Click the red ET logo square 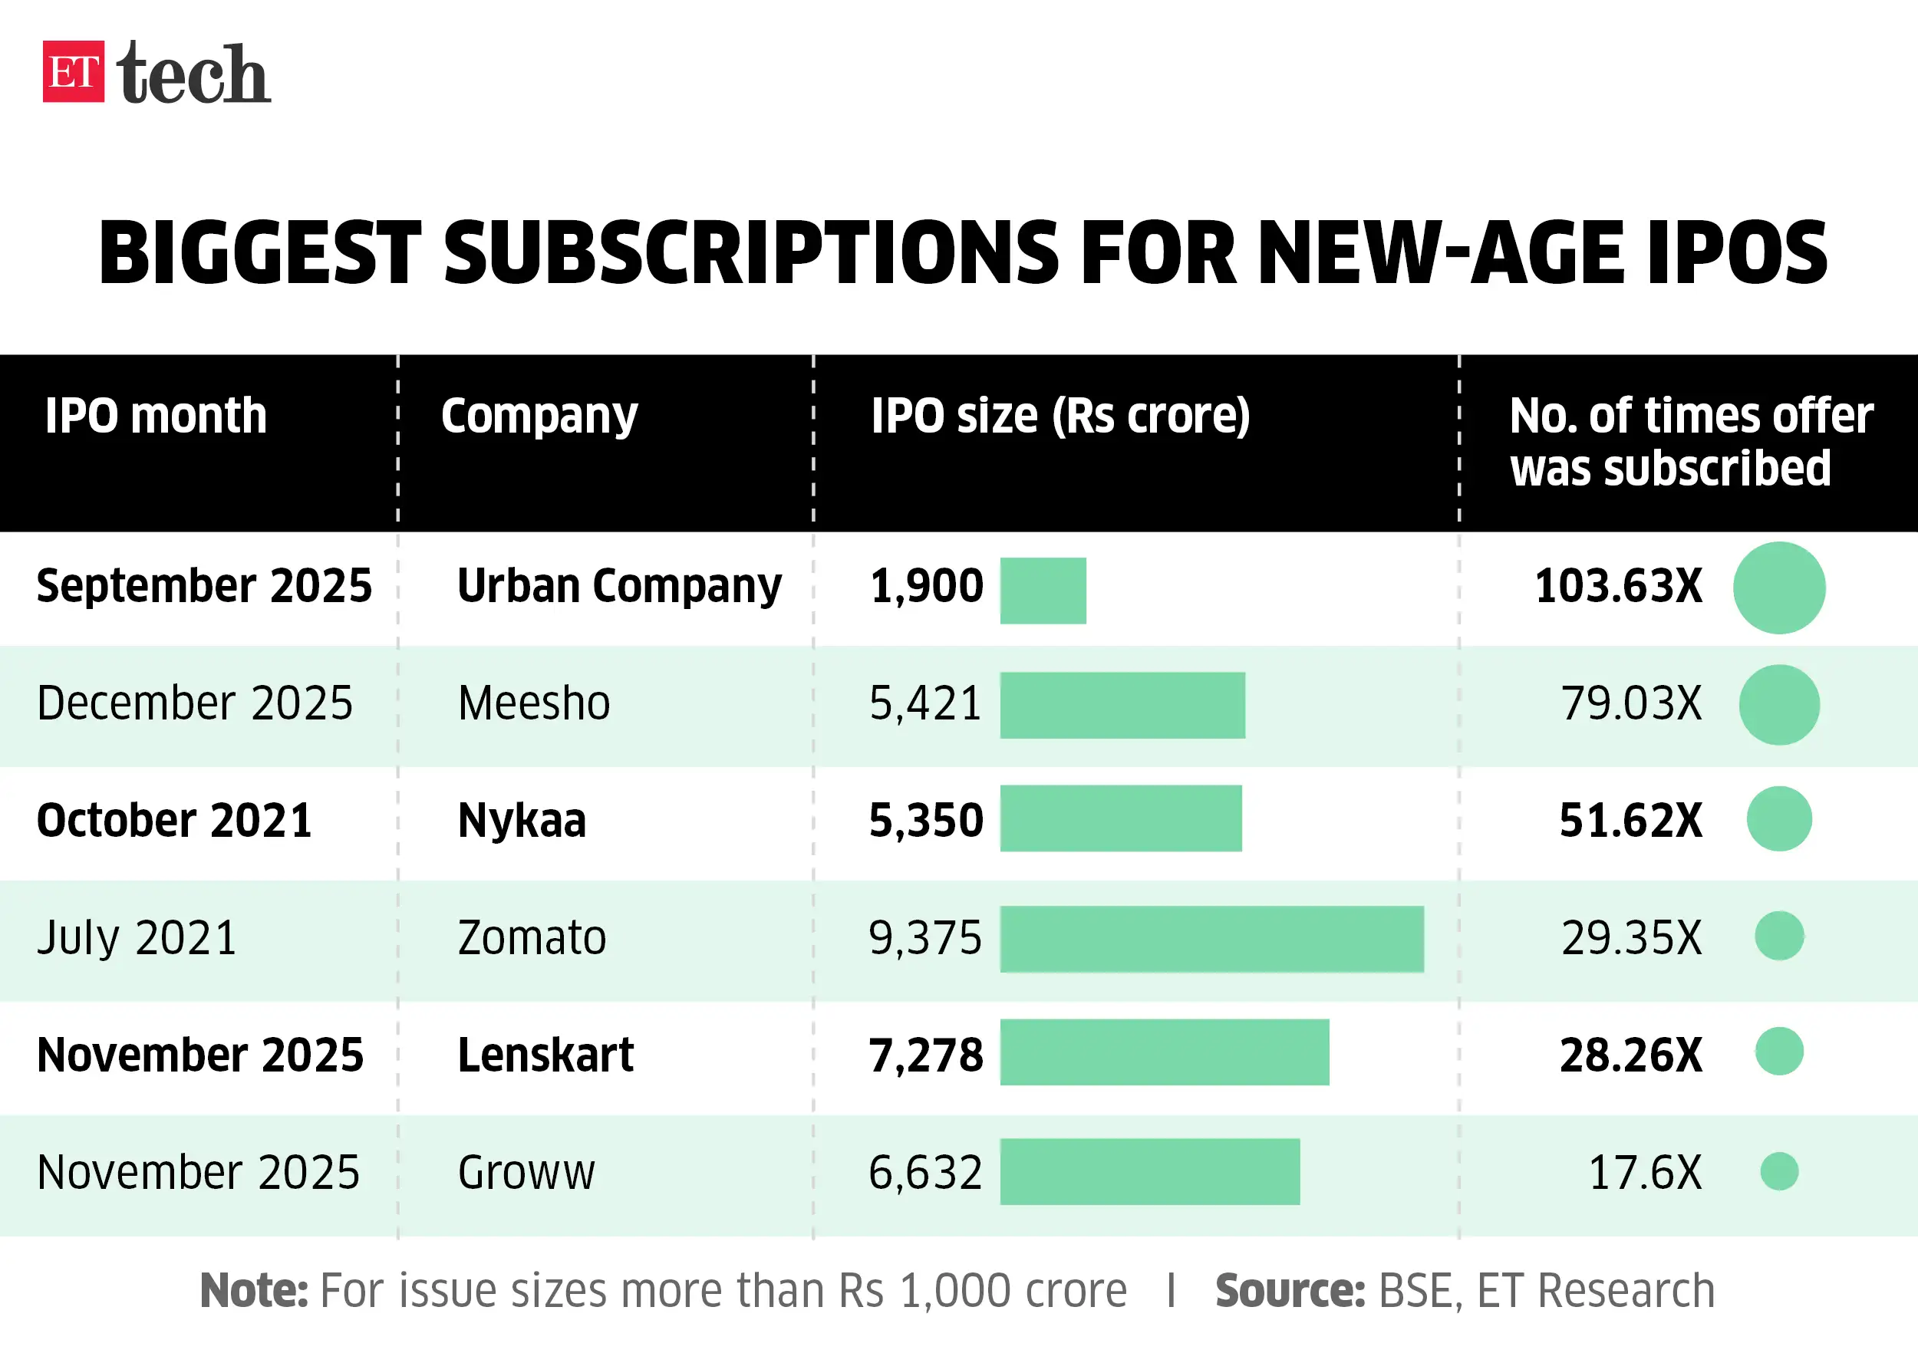[73, 71]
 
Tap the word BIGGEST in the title [259, 252]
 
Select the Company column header [539, 416]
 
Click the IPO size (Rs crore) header [1060, 416]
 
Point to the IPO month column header [157, 416]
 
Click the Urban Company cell [618, 586]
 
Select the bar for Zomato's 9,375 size [1211, 939]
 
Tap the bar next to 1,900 [1043, 590]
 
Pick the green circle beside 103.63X [1778, 588]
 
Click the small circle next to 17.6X [1778, 1172]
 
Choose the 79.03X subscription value [1631, 703]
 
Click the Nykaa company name [521, 820]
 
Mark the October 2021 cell [173, 820]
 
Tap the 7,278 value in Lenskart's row [926, 1055]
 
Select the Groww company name [526, 1173]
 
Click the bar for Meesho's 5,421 [1122, 705]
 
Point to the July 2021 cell [137, 937]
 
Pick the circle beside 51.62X [1778, 819]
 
